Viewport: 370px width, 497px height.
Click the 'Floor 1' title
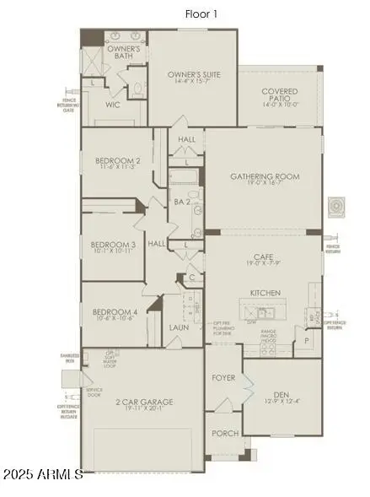(202, 14)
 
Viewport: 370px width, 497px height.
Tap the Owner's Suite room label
(193, 73)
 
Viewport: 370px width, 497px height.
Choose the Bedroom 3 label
(115, 245)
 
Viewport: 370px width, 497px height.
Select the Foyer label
(223, 377)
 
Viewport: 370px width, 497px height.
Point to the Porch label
(224, 434)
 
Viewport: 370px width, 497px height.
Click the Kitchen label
(265, 292)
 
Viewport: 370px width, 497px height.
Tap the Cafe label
(264, 258)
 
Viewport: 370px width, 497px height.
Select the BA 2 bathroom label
(180, 202)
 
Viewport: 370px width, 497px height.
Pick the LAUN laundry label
(179, 327)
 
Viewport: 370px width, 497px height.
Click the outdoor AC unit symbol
(336, 205)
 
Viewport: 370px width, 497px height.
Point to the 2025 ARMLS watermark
(43, 474)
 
